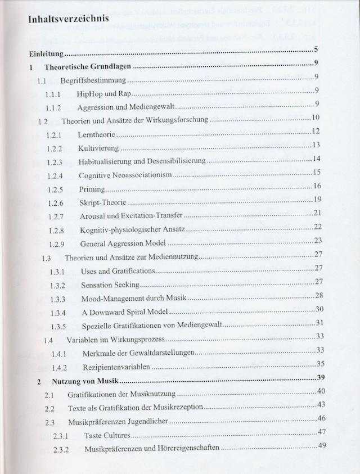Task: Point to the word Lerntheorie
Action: (x=97, y=135)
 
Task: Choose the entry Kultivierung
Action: (x=98, y=148)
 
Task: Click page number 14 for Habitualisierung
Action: (x=316, y=159)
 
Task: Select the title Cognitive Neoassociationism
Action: (x=124, y=175)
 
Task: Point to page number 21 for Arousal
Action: (x=317, y=212)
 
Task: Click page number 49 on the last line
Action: (x=322, y=445)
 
